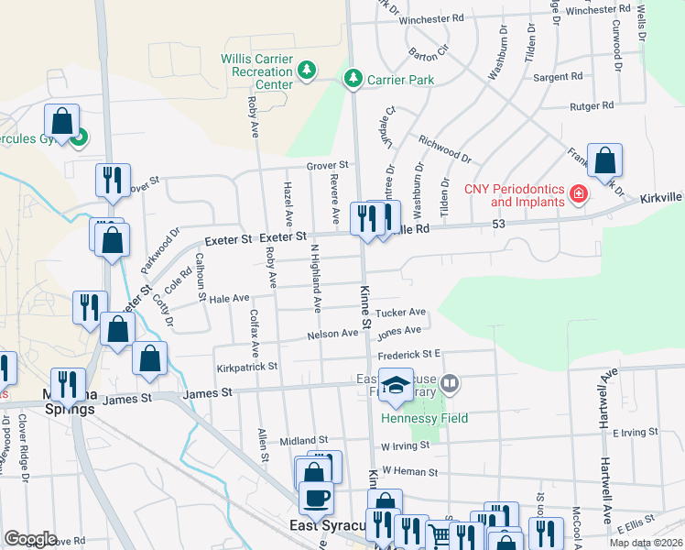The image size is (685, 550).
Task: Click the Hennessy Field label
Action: click(425, 419)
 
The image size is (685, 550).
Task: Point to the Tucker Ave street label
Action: click(408, 313)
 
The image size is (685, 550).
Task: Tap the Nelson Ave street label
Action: click(332, 334)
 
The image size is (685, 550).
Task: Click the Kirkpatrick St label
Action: click(246, 367)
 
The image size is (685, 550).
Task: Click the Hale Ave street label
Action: click(229, 299)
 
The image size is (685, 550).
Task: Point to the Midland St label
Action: click(304, 441)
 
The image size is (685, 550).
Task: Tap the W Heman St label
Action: click(411, 470)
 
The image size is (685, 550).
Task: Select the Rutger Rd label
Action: click(591, 106)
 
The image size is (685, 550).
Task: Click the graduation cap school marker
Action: click(396, 386)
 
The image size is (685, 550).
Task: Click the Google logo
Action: click(31, 539)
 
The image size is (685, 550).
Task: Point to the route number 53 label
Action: click(499, 224)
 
